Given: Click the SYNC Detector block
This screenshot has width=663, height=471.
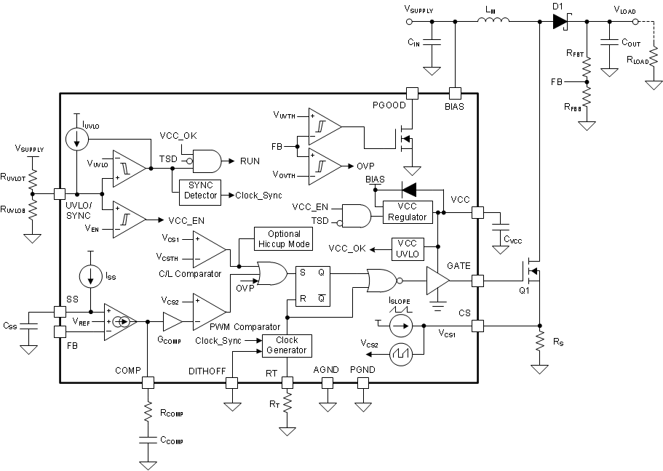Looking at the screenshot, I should tap(201, 190).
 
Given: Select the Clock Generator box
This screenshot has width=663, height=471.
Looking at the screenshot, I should tap(287, 345).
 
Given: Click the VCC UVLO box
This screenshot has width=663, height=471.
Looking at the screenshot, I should tap(413, 248).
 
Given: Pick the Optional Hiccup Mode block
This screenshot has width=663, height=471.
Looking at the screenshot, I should tap(283, 238).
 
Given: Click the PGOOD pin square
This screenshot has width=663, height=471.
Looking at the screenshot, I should tap(412, 93).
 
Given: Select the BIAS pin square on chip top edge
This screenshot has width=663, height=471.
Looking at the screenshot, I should tap(455, 93).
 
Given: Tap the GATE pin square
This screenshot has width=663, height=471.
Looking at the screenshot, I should tap(477, 281).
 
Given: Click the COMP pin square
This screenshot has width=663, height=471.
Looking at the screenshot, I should tap(148, 382).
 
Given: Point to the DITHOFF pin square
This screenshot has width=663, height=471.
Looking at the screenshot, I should tap(232, 382).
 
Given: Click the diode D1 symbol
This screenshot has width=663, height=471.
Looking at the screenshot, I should tap(560, 22).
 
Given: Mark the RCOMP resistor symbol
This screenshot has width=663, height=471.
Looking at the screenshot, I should tap(148, 412).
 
